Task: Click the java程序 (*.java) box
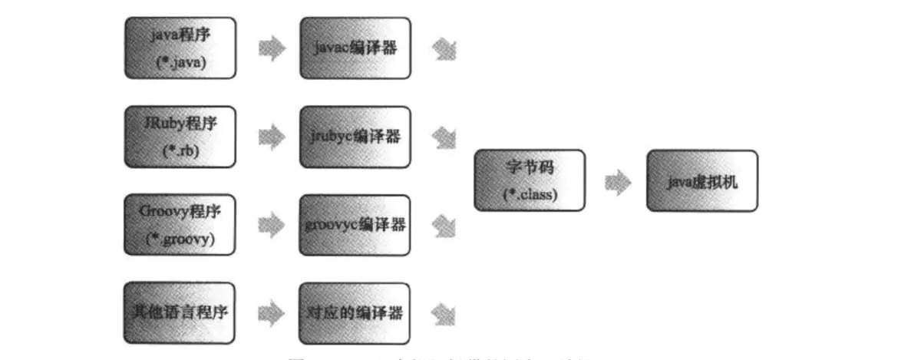tap(180, 48)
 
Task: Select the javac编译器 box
tap(355, 48)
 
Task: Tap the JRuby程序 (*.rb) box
tap(180, 137)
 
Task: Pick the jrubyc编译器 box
tap(355, 137)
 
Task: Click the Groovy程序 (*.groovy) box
tap(180, 225)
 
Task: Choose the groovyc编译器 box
tap(355, 225)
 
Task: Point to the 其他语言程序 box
tap(180, 313)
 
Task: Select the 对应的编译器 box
tap(355, 313)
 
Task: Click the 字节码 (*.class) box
tap(530, 180)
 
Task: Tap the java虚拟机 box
tap(702, 180)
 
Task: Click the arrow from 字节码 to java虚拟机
tap(617, 182)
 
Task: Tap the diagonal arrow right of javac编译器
tap(444, 49)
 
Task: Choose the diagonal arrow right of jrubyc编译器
tap(444, 137)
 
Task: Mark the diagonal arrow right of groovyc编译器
tap(444, 225)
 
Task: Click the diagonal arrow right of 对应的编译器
tap(444, 313)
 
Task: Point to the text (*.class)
tap(530, 194)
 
